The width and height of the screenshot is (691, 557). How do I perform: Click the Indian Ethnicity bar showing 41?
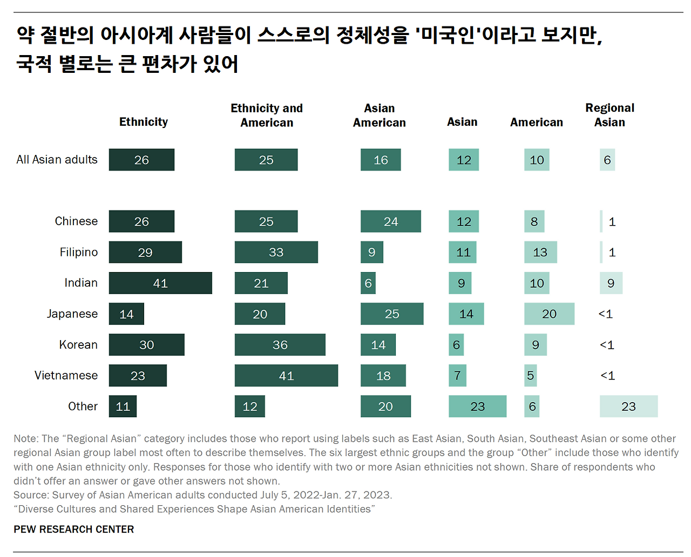[x=160, y=283]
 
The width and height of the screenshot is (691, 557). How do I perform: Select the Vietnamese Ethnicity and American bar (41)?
[x=286, y=376]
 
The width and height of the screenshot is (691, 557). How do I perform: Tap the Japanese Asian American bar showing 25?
[x=392, y=314]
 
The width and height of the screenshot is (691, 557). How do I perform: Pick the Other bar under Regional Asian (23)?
[x=628, y=406]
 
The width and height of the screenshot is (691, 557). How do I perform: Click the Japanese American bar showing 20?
[x=549, y=314]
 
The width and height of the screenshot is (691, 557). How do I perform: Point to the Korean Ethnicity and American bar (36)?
[x=280, y=345]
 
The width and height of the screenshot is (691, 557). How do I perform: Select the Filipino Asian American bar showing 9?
[x=371, y=252]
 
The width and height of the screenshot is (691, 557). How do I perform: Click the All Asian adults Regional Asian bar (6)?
[x=607, y=160]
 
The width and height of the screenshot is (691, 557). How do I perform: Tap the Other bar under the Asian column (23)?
[x=477, y=406]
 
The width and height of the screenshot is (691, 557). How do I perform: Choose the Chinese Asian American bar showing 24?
[x=390, y=221]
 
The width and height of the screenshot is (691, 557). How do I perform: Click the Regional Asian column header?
[x=609, y=115]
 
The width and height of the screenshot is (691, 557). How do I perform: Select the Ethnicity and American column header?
[x=267, y=116]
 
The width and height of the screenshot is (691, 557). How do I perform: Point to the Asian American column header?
[x=379, y=116]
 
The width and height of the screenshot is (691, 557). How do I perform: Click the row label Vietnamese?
[x=66, y=376]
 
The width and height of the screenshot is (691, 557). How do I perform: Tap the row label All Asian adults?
[x=57, y=160]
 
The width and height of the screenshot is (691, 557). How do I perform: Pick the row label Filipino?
[x=79, y=252]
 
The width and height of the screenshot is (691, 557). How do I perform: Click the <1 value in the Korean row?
[x=607, y=345]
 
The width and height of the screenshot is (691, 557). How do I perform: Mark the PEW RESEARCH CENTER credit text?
[x=74, y=529]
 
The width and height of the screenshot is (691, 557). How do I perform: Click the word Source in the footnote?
[x=30, y=495]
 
